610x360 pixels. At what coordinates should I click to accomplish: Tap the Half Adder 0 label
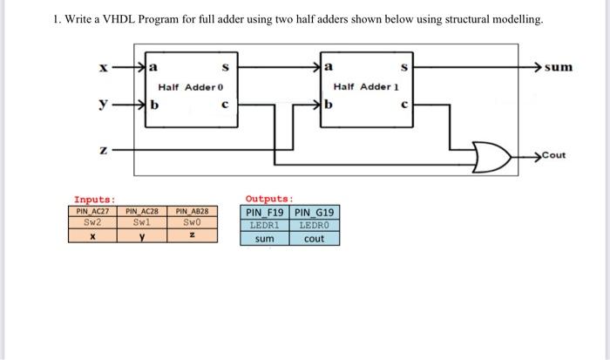(x=191, y=88)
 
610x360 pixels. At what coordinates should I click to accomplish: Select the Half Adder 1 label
(x=365, y=88)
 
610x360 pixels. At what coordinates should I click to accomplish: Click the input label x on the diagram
(x=103, y=66)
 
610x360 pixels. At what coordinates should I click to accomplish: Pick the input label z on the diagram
(x=103, y=150)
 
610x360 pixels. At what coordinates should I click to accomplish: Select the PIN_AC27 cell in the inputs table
(x=91, y=211)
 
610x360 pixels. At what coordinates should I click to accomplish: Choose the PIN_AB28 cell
(x=192, y=211)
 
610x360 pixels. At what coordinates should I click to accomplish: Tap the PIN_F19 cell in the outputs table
(x=265, y=212)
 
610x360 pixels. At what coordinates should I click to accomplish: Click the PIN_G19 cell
(x=315, y=212)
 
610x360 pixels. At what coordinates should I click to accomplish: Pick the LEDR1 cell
(x=264, y=225)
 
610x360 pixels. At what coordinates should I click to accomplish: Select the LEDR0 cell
(x=315, y=225)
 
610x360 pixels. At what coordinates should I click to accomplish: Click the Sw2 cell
(x=91, y=221)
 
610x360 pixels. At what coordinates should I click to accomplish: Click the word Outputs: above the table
(x=269, y=198)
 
